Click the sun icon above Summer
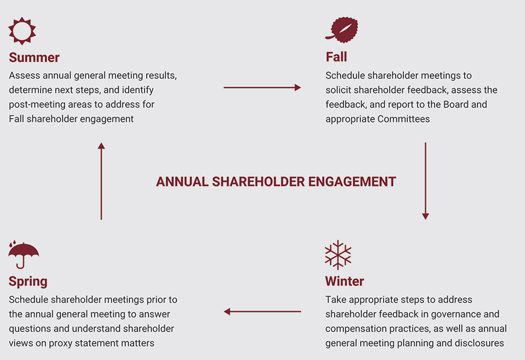click(23, 30)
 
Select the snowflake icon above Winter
click(338, 255)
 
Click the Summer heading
click(34, 57)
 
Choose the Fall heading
click(336, 57)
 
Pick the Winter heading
click(345, 281)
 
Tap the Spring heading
click(28, 281)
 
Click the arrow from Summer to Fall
click(262, 88)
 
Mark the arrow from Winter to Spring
click(262, 312)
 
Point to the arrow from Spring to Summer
click(101, 181)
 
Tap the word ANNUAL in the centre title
click(182, 181)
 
